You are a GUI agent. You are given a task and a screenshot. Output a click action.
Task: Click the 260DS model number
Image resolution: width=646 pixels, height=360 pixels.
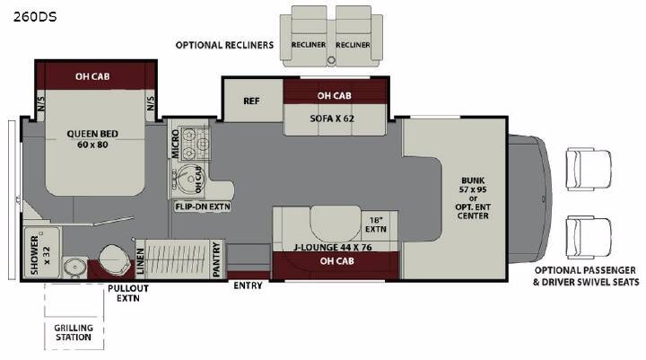tap(35, 17)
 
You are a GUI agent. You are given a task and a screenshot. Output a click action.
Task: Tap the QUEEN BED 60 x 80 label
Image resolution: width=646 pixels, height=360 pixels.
tap(92, 139)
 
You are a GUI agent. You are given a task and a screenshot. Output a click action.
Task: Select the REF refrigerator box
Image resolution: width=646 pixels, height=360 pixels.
tap(252, 101)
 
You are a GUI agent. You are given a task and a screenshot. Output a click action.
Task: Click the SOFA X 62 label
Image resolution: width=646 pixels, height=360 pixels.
tap(332, 119)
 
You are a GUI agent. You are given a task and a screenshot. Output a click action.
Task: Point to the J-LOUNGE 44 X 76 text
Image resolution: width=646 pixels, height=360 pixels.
tap(333, 248)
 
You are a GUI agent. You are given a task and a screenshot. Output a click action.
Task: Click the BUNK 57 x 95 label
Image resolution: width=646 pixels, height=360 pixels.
tap(473, 185)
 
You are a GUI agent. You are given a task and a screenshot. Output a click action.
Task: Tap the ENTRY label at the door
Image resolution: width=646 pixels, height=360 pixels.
tap(248, 285)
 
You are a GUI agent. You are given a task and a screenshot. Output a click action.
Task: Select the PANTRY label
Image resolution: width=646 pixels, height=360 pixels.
tap(217, 259)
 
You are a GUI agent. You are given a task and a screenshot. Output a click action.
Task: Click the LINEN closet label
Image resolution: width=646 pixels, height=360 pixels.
tap(140, 261)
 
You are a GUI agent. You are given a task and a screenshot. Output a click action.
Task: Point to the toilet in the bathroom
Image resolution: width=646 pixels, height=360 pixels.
tap(115, 259)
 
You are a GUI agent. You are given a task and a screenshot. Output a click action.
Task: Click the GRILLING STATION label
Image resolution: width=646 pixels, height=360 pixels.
tap(74, 332)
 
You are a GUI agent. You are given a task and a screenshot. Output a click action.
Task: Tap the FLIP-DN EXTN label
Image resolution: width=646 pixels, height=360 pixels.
tap(202, 206)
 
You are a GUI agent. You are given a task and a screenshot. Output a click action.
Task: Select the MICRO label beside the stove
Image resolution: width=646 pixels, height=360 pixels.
tap(175, 144)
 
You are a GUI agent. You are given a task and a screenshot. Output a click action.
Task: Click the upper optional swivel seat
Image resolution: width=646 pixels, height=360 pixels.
tap(589, 169)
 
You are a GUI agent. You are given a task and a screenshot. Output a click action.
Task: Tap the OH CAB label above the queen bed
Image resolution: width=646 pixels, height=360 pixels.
tap(92, 76)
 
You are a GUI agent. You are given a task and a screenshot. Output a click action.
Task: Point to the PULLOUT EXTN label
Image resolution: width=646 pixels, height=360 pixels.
tap(128, 294)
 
